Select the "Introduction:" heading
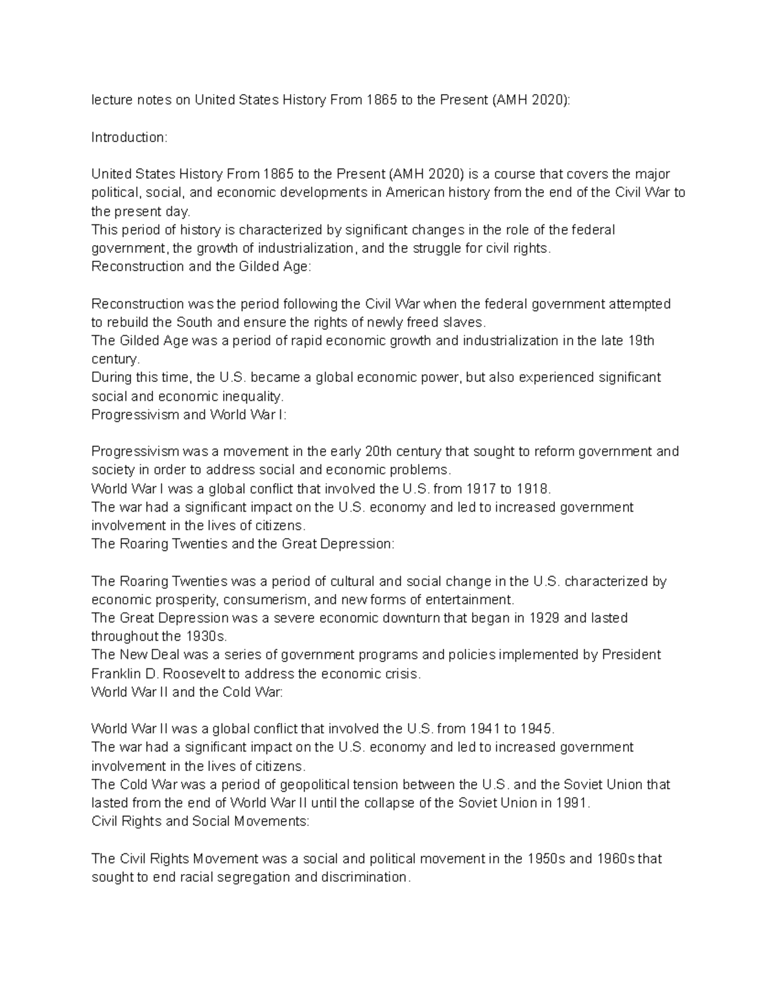point(129,137)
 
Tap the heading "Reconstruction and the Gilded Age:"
point(201,267)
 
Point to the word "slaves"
point(463,322)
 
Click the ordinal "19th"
point(641,340)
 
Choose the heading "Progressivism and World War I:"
point(189,415)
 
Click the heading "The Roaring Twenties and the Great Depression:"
point(242,544)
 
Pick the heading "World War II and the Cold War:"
point(187,692)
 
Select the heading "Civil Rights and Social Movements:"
point(200,822)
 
